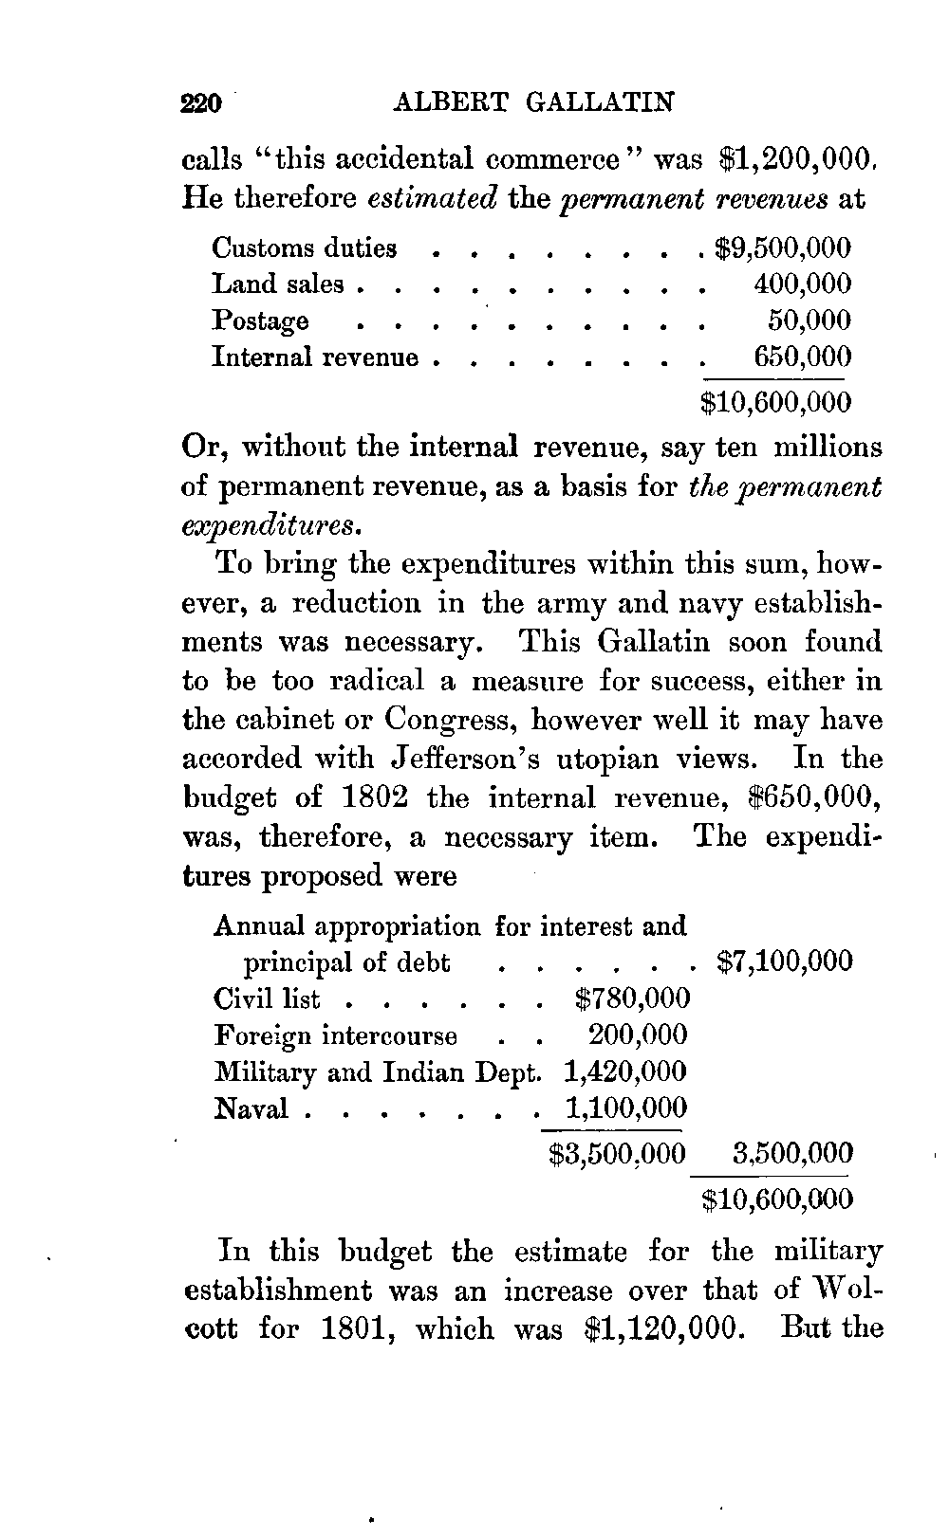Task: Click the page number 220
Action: [x=201, y=102]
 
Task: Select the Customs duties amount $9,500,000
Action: [x=783, y=248]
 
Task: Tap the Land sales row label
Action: [x=278, y=284]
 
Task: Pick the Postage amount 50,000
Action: [x=809, y=320]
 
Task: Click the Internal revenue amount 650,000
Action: [x=802, y=357]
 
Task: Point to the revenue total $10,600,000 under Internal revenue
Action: [x=775, y=402]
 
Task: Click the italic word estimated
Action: [x=432, y=199]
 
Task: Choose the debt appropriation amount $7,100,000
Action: [x=785, y=962]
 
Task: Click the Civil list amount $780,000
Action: [x=631, y=998]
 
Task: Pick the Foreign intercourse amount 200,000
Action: [x=638, y=1035]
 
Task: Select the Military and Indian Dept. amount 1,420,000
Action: [x=624, y=1071]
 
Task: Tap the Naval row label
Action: [x=251, y=1108]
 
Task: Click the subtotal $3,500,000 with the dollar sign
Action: [x=617, y=1153]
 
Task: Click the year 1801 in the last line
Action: [x=345, y=1327]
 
